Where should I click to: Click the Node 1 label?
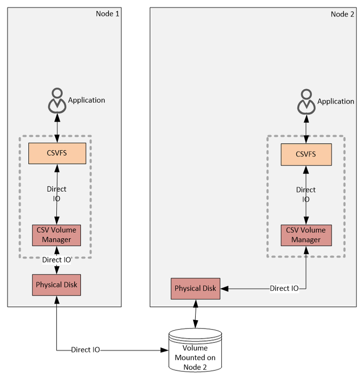[107, 13]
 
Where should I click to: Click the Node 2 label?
[343, 14]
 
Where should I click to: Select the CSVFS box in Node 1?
[57, 153]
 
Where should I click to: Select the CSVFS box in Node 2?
[306, 154]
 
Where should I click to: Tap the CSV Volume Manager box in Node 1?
[56, 235]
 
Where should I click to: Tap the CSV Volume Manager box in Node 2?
[306, 235]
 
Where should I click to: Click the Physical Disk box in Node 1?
[56, 285]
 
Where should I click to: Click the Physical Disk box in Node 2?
[195, 288]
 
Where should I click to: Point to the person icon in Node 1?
[57, 100]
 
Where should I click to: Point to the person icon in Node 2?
[306, 101]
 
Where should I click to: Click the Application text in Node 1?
[86, 100]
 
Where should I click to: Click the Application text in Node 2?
[336, 101]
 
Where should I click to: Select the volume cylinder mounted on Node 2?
[195, 351]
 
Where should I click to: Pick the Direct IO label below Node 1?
[85, 350]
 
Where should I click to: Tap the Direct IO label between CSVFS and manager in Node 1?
[56, 193]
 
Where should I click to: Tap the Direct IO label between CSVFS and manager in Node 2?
[306, 194]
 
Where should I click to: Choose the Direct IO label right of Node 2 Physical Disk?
[284, 288]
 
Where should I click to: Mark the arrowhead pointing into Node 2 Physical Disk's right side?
[223, 288]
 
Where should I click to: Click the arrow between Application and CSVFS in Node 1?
[57, 128]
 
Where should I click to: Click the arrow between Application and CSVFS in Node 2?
[306, 129]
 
